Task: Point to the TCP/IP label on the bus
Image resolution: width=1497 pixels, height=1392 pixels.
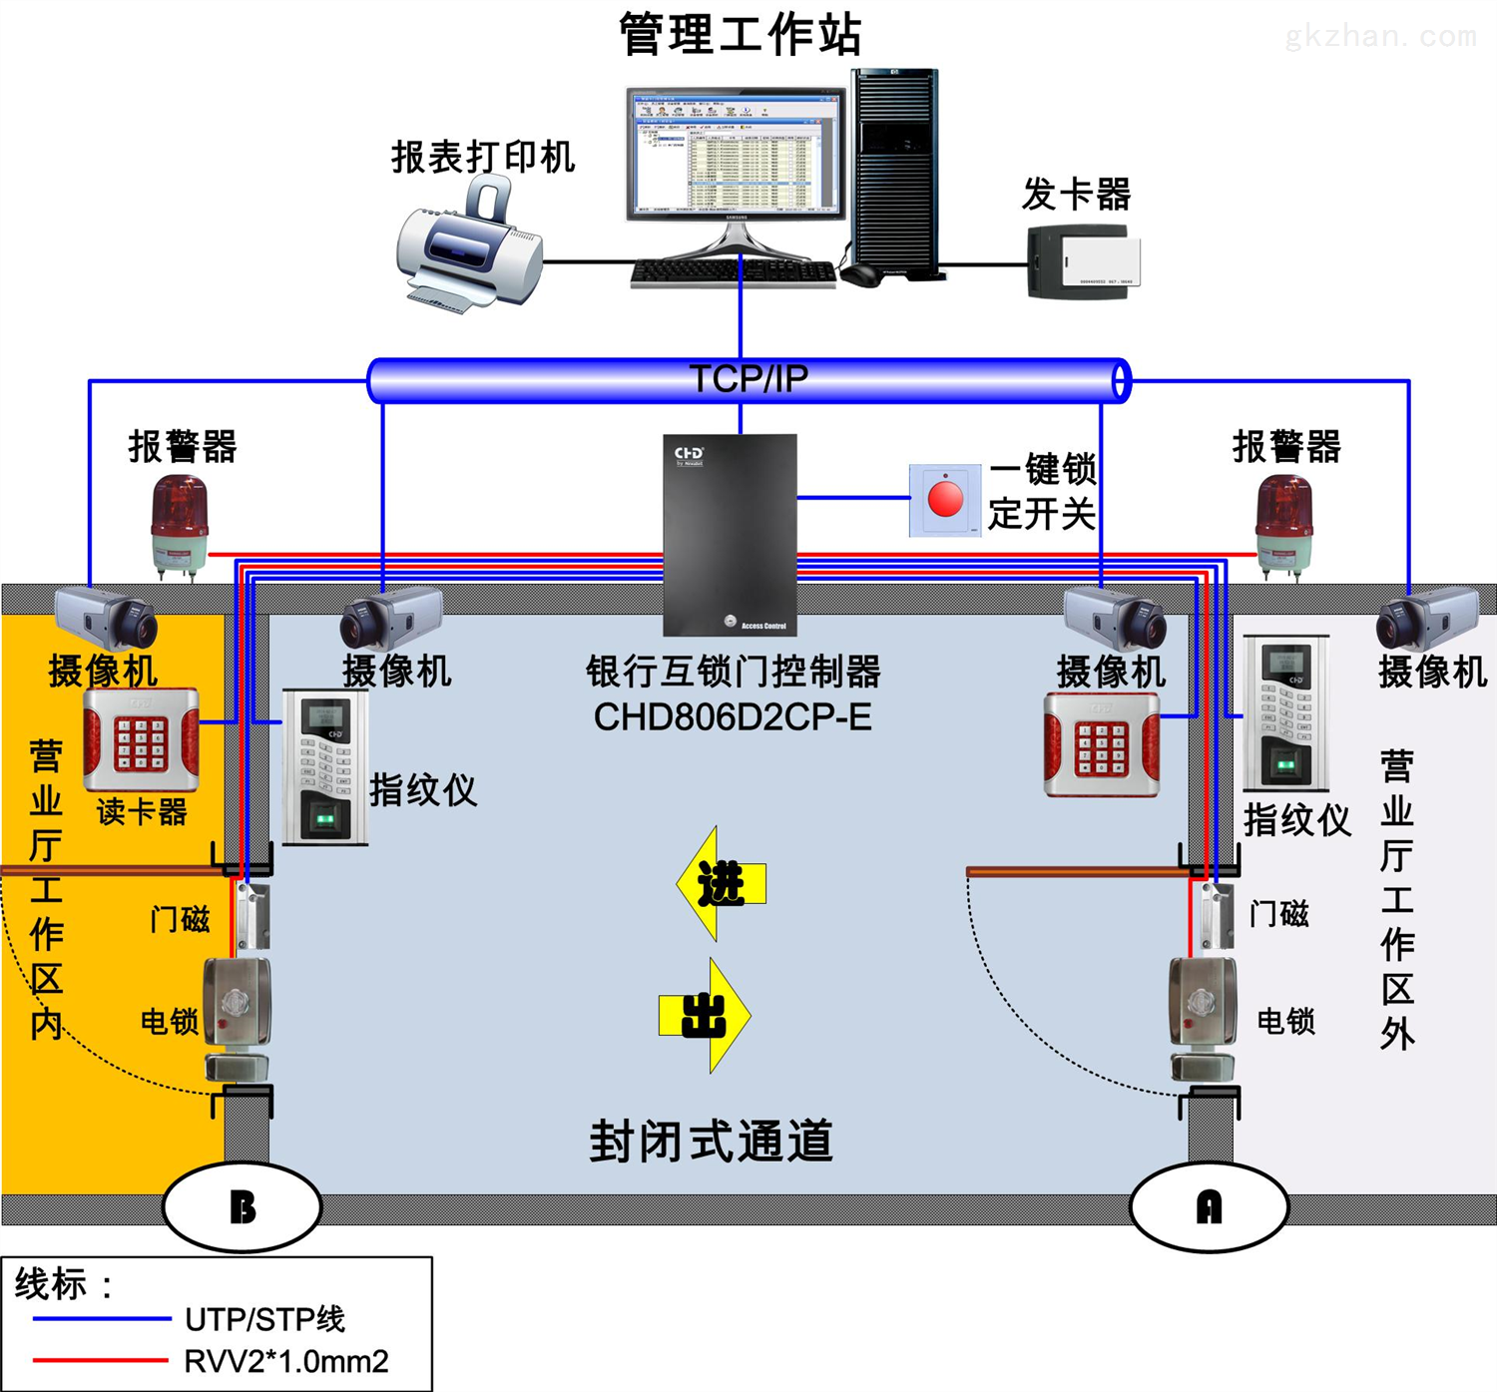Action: pos(748,379)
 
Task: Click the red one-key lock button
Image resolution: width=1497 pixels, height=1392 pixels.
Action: pos(945,499)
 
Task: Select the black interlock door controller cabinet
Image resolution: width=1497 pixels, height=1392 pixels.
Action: pos(731,534)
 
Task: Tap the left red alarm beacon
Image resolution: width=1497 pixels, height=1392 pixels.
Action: pos(180,524)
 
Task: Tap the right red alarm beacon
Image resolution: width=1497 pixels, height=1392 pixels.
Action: pos(1284,524)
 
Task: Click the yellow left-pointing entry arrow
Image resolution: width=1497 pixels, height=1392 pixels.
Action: pos(721,884)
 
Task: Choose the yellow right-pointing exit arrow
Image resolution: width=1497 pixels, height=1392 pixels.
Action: pos(705,1016)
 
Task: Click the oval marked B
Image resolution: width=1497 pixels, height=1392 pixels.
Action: pos(243,1206)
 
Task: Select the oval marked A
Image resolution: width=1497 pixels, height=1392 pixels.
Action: pos(1209,1206)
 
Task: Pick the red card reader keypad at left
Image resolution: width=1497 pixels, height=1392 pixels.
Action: pos(141,739)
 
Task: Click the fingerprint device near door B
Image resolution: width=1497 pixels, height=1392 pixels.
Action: pos(325,766)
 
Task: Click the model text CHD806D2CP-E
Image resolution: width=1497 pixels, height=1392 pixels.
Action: pos(733,716)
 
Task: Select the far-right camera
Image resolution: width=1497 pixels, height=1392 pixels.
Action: pos(1427,619)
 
